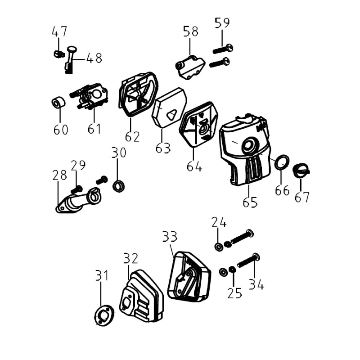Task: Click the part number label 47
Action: tap(59, 31)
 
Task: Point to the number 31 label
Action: tap(102, 275)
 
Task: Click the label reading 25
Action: tap(235, 293)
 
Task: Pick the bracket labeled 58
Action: tap(190, 66)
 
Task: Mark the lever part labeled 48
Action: tap(71, 57)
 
